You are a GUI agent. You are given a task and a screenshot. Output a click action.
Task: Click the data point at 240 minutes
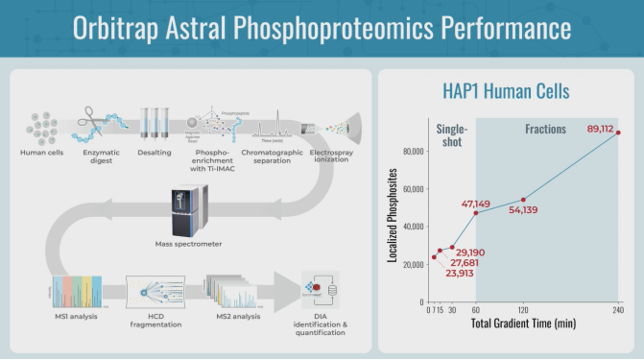coord(617,132)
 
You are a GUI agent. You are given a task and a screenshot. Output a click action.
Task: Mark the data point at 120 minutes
coord(523,200)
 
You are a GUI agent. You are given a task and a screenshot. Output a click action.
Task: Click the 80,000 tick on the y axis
coord(413,151)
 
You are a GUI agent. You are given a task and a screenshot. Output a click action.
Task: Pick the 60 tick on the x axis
coord(476,310)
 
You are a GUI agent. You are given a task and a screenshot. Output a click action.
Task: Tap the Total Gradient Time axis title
coord(523,324)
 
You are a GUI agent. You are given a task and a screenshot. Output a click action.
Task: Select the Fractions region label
coord(545,129)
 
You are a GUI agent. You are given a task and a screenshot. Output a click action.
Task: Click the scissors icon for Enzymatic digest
coord(97,123)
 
